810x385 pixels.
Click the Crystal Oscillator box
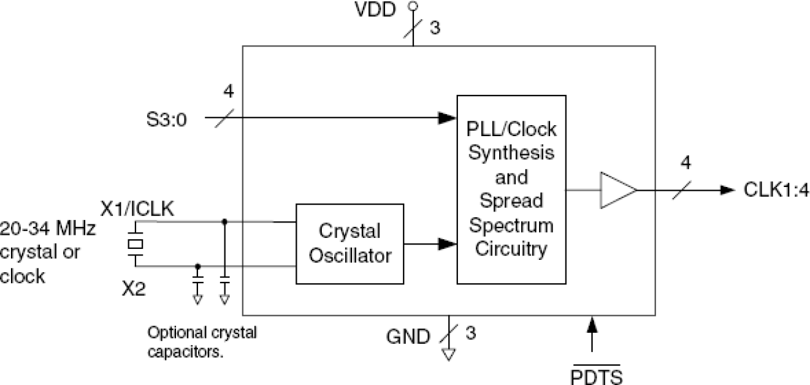point(350,244)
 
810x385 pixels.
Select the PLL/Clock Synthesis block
point(511,189)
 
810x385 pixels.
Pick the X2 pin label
point(134,289)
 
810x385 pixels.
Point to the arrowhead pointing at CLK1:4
point(727,190)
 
